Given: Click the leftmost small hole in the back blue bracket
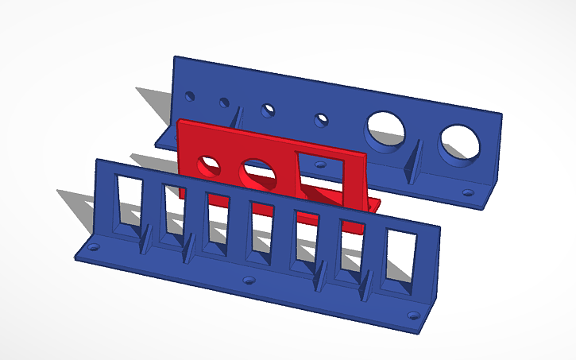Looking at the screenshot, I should click(190, 96).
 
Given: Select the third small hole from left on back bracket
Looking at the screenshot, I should click(270, 109).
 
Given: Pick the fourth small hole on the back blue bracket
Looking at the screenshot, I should click(321, 120).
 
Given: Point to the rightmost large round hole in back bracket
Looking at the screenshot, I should click(461, 143).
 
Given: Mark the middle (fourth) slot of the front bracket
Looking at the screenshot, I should click(261, 226).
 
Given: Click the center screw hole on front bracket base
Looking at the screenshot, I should click(249, 281).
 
